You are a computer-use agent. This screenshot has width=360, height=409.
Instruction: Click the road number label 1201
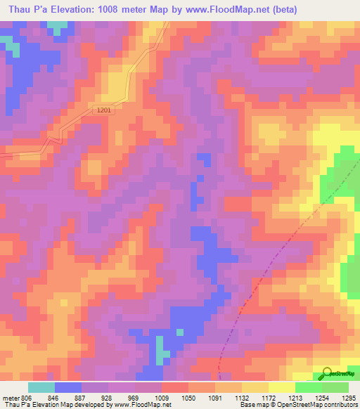104,110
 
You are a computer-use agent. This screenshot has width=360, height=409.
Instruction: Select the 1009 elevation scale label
162,397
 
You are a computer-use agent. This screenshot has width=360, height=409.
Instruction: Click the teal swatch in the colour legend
41,387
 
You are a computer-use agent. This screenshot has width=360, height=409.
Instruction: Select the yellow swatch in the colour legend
282,387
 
